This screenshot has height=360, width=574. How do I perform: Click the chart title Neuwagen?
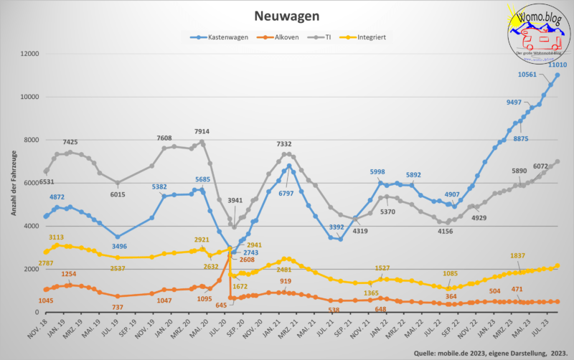click(x=287, y=15)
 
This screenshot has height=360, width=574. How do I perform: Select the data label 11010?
click(x=558, y=64)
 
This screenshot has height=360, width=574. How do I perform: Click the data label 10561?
click(x=528, y=75)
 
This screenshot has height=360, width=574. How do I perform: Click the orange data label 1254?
click(x=69, y=275)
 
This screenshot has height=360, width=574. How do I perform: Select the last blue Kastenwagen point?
click(x=557, y=75)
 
